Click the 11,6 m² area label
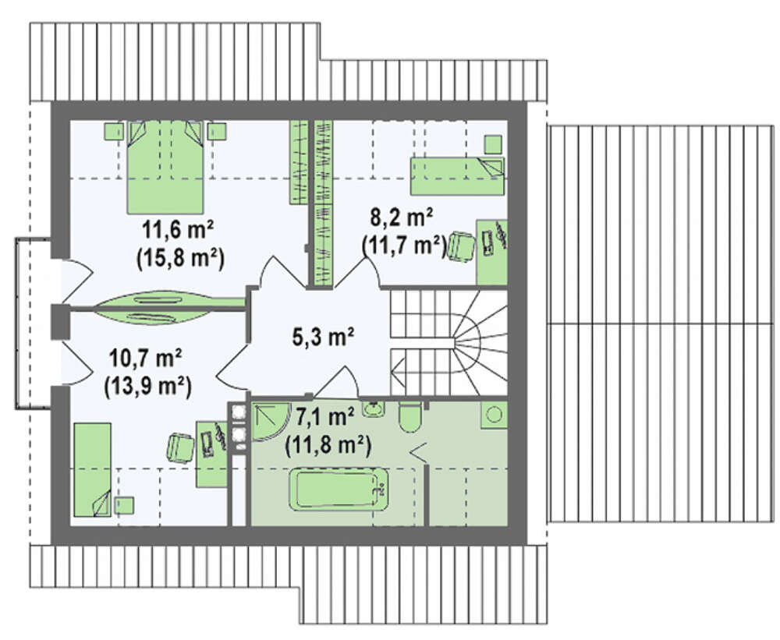pos(178,231)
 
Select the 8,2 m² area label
pos(402,217)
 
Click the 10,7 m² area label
pos(145,358)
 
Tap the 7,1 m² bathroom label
pos(324,416)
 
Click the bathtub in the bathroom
pos(339,489)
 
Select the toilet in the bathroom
pos(411,418)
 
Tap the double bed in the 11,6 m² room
pos(165,167)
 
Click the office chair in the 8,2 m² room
pos(461,246)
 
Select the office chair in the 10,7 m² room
pos(179,448)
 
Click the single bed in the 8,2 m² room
pos(457,176)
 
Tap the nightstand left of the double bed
pos(113,131)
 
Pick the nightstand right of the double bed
pos(217,131)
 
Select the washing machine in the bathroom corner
pos(494,415)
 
